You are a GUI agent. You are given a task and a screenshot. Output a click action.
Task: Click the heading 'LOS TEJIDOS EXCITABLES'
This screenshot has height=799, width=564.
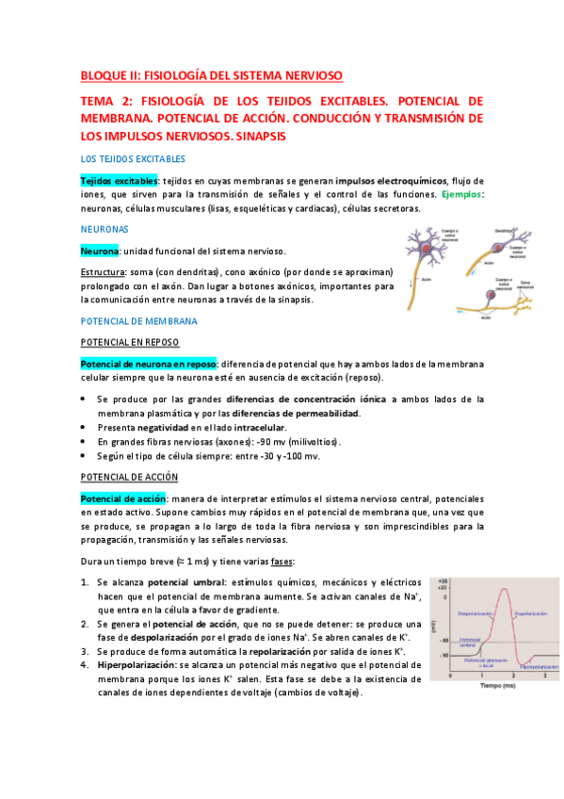click(133, 159)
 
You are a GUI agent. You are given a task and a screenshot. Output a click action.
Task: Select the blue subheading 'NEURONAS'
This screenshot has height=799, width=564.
click(105, 229)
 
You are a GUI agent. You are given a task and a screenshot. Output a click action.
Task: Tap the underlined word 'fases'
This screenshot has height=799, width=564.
click(282, 562)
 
